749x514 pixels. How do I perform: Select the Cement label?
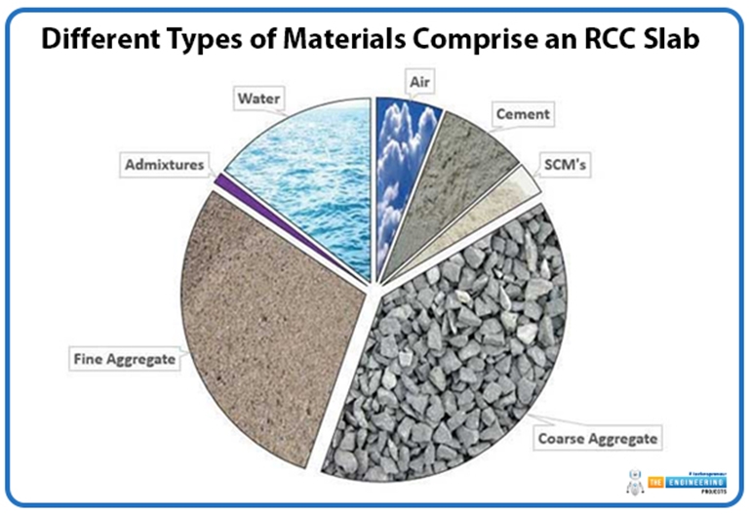click(x=521, y=114)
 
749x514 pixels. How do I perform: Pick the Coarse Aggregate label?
click(x=596, y=439)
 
